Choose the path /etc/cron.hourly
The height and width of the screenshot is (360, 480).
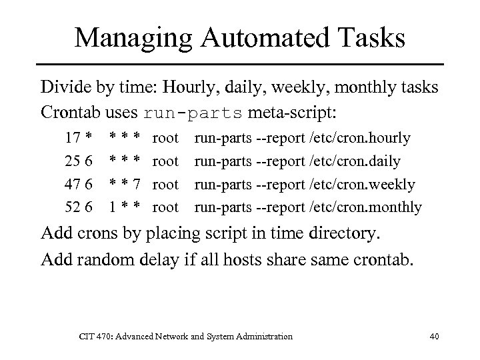click(360, 138)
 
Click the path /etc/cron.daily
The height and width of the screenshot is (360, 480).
click(355, 161)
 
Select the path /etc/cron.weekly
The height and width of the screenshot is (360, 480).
click(363, 184)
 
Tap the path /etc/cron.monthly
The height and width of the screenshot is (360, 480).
click(366, 207)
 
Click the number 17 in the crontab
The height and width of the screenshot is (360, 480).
click(73, 138)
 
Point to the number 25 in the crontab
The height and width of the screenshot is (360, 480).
click(73, 161)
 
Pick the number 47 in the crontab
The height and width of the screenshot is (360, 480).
click(73, 184)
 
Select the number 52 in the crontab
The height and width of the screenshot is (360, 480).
click(73, 207)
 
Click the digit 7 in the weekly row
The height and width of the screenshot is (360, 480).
click(136, 184)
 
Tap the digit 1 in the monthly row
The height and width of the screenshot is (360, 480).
click(113, 207)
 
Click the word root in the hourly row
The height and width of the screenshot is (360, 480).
click(166, 138)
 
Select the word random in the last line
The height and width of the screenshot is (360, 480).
click(99, 258)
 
